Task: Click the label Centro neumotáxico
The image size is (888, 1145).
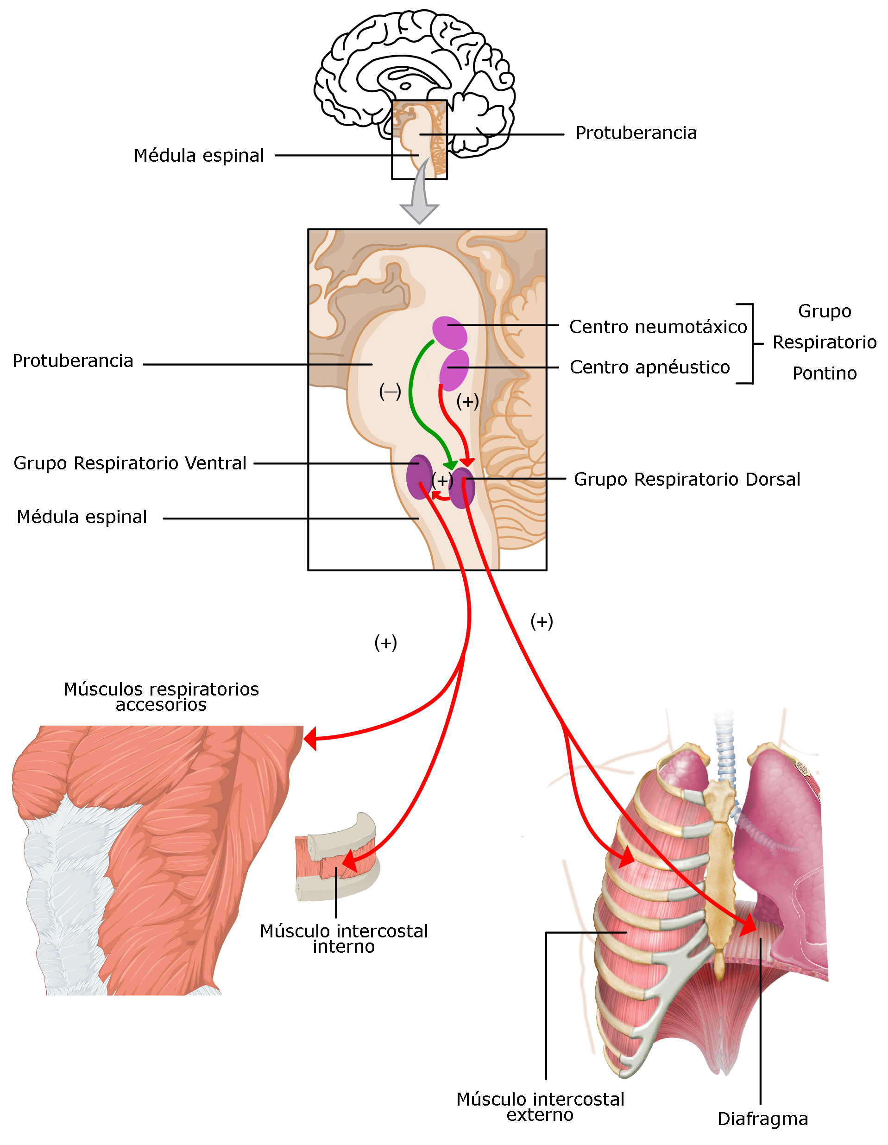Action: (657, 327)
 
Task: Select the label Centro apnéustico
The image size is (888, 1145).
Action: (649, 367)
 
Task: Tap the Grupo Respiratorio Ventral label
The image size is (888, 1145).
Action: (130, 463)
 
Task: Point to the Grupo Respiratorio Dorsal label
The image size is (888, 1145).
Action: (686, 480)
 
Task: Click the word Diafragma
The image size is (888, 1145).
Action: (762, 1119)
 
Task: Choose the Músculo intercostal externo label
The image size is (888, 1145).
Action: (540, 1107)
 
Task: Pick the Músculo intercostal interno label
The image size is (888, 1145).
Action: (344, 939)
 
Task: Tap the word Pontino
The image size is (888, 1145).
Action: (824, 374)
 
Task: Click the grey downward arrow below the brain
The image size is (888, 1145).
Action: (419, 202)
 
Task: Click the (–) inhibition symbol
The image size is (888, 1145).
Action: (390, 392)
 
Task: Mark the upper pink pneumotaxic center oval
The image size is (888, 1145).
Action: (449, 332)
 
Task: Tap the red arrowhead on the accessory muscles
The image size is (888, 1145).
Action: (310, 739)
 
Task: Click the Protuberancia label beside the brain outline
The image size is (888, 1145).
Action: (636, 133)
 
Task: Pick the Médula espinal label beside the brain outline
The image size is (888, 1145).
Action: (199, 156)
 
